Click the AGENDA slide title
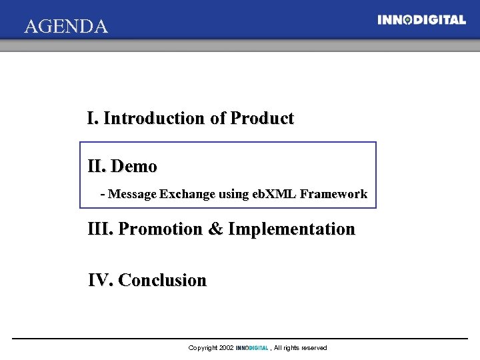tap(65, 27)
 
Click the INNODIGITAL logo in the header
tap(421, 20)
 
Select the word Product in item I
tap(262, 119)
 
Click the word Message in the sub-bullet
tap(132, 194)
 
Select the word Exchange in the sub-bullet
tap(187, 194)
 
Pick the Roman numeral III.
tap(100, 229)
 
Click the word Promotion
tap(160, 229)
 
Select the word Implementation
tap(291, 229)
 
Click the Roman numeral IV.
tap(100, 280)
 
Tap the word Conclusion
tap(162, 280)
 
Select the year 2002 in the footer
tap(227, 348)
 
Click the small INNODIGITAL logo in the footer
tap(252, 348)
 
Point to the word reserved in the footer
tap(313, 348)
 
